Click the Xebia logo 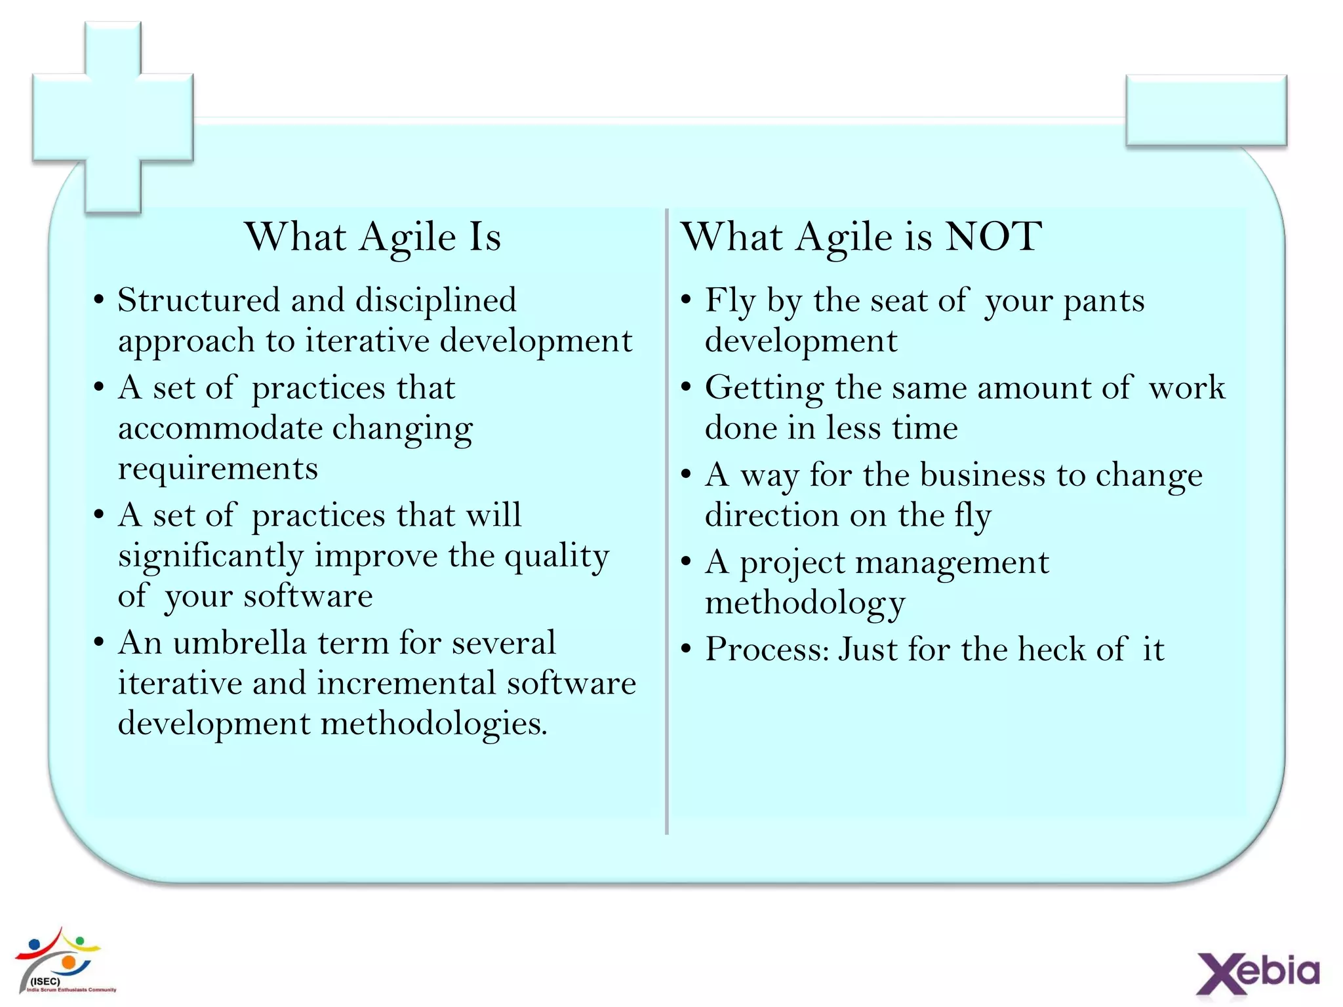click(1258, 972)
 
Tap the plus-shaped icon click(113, 117)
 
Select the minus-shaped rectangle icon click(1206, 110)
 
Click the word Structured click(199, 301)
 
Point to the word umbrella click(239, 643)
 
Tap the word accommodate click(220, 429)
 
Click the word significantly click(210, 557)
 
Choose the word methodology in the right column click(805, 603)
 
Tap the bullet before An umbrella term click(99, 642)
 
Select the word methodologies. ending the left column click(433, 724)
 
